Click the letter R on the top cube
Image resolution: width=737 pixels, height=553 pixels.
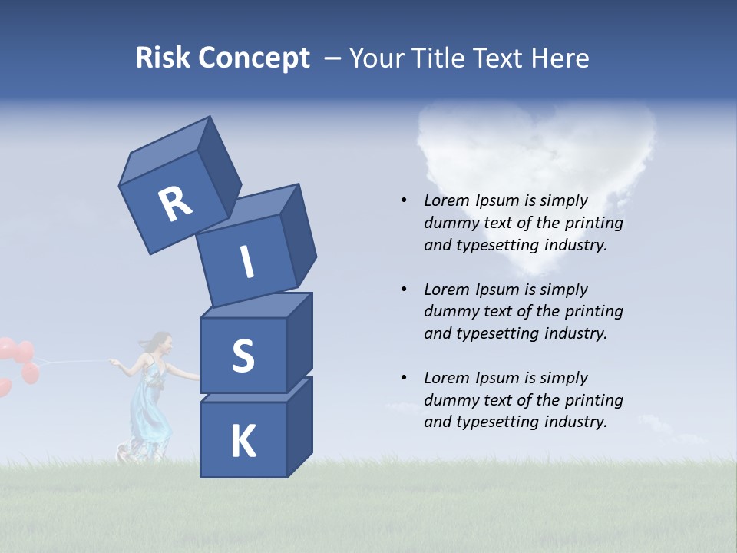(175, 204)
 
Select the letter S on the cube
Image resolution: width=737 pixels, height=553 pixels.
(243, 355)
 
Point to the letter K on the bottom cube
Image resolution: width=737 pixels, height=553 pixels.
(243, 442)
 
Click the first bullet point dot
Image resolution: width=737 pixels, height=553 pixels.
(404, 200)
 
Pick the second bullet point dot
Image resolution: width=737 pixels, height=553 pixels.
(404, 290)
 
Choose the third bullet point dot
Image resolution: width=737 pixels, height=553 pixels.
(404, 378)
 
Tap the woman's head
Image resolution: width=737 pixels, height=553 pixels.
(159, 343)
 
